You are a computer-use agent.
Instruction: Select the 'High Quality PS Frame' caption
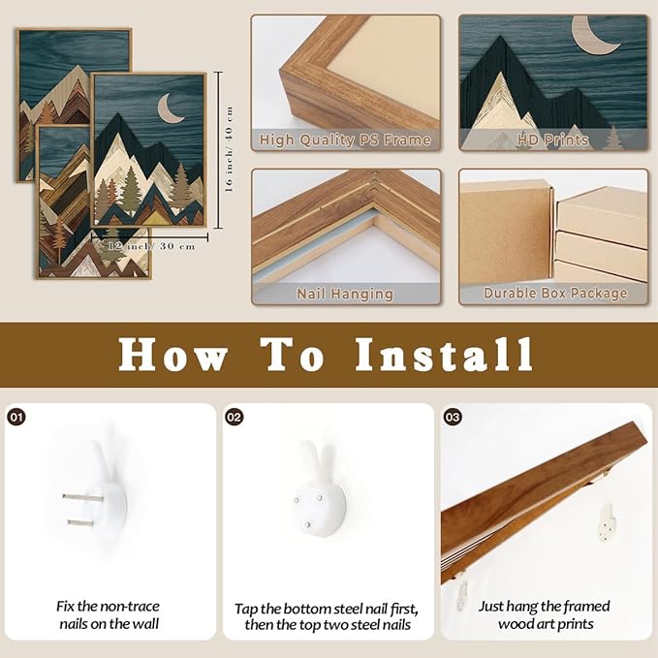[x=345, y=140]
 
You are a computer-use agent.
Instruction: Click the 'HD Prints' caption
[x=552, y=140]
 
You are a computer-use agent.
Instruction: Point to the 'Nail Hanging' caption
[x=345, y=294]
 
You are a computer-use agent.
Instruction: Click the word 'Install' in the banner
[x=443, y=355]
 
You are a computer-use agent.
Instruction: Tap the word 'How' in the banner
[x=172, y=355]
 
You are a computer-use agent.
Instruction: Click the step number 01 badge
[x=16, y=417]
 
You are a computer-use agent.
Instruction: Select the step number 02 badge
[x=235, y=417]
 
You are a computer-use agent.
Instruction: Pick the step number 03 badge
[x=453, y=417]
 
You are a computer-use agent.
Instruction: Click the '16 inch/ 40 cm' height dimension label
[x=230, y=150]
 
